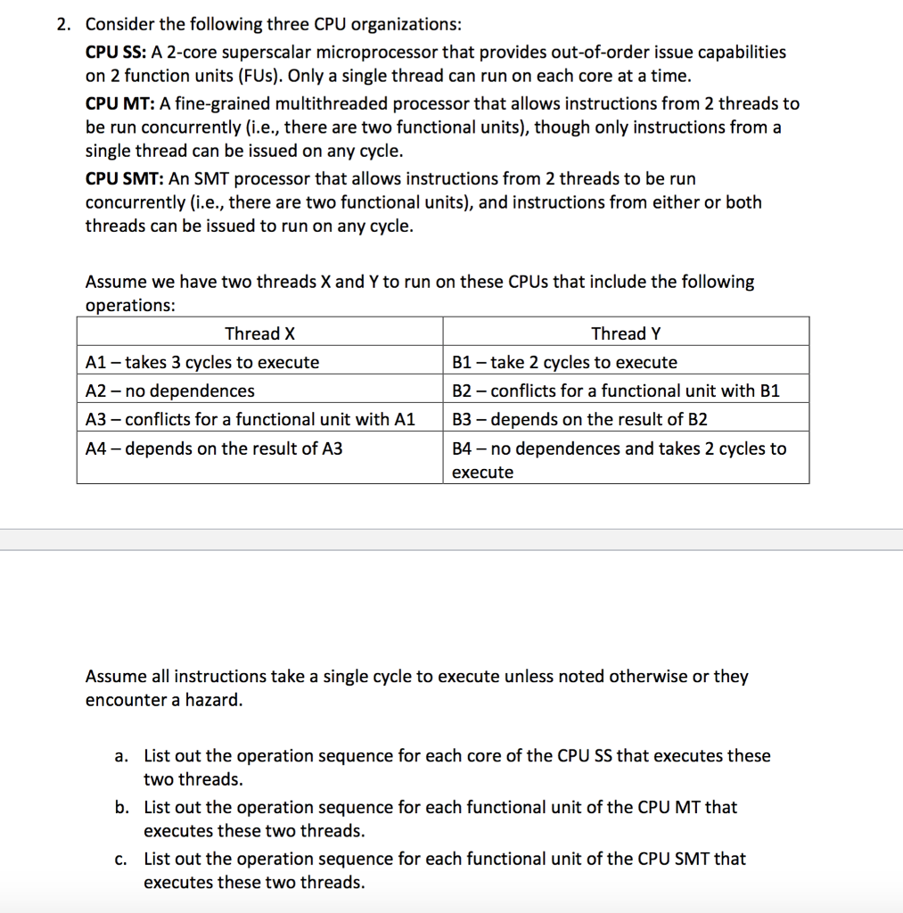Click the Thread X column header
[x=259, y=333]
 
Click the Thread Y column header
[x=626, y=333]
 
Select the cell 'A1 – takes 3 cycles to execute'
[x=202, y=362]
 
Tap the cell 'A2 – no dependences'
[x=169, y=391]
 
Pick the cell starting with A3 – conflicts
[x=250, y=419]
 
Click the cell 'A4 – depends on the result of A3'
[x=214, y=448]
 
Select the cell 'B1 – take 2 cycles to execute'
[x=564, y=362]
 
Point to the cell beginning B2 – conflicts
[x=615, y=391]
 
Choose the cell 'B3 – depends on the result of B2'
[x=579, y=419]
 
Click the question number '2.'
[x=63, y=24]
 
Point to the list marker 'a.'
[x=121, y=756]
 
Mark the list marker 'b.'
[x=121, y=808]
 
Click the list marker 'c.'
[x=120, y=860]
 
